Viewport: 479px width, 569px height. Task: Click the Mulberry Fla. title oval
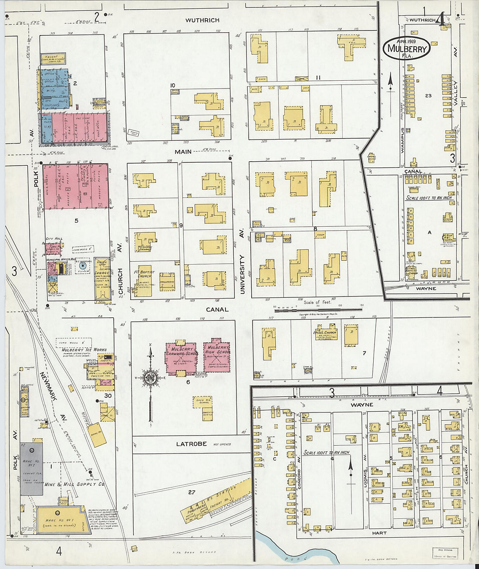click(x=407, y=48)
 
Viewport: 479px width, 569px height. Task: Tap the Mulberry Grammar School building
click(x=182, y=358)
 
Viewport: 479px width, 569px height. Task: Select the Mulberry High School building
click(x=217, y=355)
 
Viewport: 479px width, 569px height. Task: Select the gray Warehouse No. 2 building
click(x=31, y=468)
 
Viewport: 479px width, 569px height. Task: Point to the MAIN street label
click(x=183, y=152)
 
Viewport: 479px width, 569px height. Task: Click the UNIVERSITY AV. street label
click(x=242, y=274)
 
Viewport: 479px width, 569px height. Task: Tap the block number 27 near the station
click(x=192, y=492)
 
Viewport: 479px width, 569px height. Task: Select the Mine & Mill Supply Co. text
click(x=77, y=484)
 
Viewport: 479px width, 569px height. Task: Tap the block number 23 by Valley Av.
click(x=428, y=95)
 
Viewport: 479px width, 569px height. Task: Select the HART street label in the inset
click(x=379, y=533)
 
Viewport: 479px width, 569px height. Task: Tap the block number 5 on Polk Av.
click(x=77, y=221)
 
